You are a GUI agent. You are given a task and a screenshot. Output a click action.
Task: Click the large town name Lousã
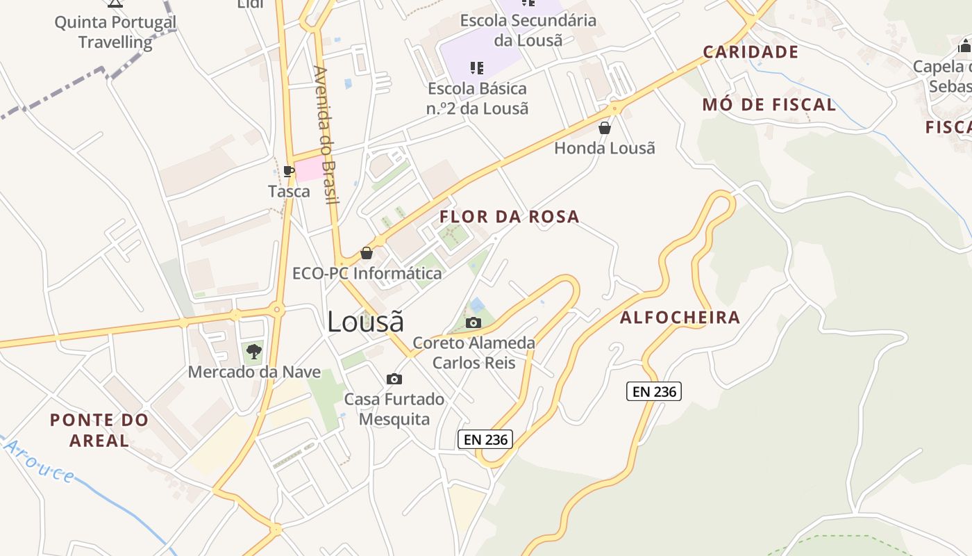[365, 322]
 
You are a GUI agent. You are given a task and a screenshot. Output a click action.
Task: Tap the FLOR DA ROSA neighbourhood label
[509, 217]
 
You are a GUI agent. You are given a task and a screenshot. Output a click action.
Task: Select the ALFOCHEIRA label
[680, 318]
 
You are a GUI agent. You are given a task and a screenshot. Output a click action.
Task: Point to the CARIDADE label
[751, 52]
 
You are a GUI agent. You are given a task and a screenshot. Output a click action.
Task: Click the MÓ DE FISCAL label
[769, 105]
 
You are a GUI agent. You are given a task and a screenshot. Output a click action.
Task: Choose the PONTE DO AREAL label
[99, 430]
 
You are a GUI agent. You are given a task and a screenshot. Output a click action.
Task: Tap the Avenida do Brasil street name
[326, 135]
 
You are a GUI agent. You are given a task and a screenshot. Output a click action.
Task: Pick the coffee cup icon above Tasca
[289, 171]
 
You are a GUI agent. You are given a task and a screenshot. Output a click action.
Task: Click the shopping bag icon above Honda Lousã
[605, 128]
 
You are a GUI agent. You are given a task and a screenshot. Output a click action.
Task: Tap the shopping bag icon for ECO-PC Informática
[367, 253]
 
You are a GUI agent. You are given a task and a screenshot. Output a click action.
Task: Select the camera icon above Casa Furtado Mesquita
[394, 379]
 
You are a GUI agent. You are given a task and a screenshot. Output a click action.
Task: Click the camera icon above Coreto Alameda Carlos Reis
[474, 322]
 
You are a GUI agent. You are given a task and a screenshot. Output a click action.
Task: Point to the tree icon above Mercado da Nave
[254, 351]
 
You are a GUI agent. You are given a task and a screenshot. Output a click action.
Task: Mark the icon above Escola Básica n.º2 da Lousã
[476, 67]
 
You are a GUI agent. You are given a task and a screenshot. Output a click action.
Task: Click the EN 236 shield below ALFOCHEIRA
[654, 391]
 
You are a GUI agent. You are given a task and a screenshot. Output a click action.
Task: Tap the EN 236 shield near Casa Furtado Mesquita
[485, 439]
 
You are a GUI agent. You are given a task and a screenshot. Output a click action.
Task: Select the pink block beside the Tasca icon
[310, 169]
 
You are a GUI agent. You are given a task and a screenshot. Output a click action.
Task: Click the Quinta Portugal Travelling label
[115, 32]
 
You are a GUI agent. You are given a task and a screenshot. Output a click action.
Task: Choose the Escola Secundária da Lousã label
[528, 30]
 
